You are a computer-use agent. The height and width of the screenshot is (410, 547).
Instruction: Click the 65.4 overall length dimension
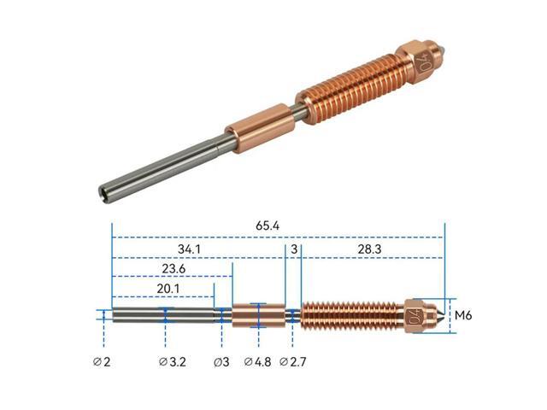(268, 225)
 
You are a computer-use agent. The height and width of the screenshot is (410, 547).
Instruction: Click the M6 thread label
(463, 315)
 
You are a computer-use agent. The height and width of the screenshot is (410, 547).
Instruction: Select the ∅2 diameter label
(103, 361)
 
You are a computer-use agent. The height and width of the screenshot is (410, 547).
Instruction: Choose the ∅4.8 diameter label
(258, 361)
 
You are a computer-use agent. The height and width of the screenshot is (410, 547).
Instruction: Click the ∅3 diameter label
(221, 361)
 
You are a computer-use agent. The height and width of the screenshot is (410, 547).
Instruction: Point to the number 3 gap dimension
(293, 249)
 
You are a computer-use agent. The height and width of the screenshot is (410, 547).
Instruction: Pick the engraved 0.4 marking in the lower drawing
(416, 316)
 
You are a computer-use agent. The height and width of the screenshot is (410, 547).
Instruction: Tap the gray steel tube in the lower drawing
(162, 315)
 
